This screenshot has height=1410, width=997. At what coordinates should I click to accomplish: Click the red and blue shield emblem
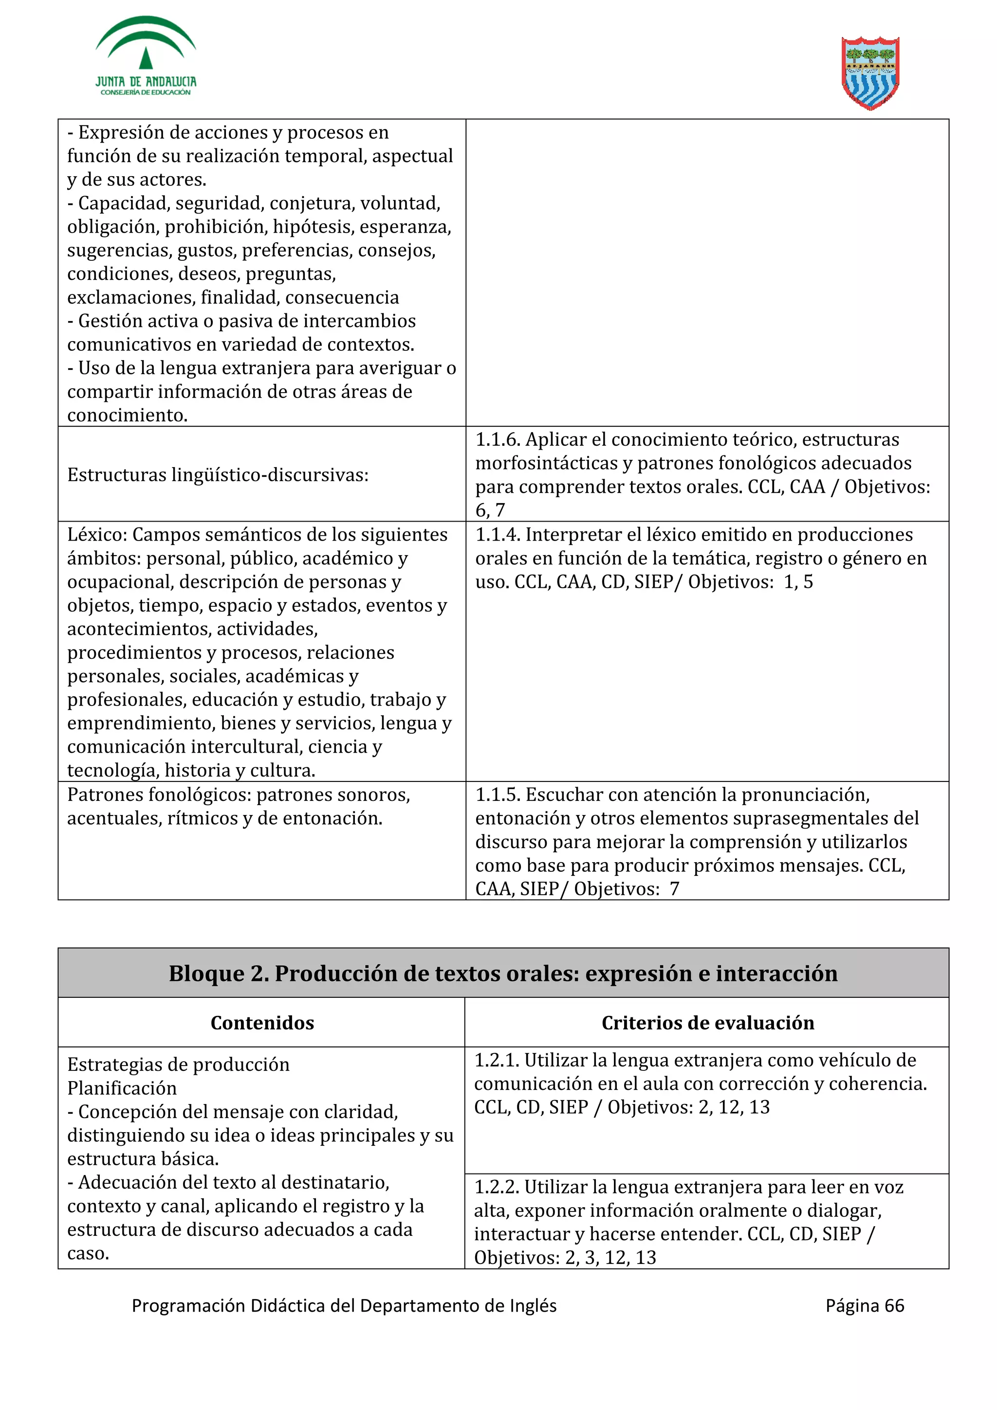870,72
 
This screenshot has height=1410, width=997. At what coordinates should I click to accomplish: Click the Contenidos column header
262,1023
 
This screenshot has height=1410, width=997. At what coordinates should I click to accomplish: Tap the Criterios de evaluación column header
708,1023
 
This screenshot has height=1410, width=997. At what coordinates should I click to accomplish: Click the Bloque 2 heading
503,974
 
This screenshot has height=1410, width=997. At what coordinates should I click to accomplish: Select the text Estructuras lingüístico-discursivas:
218,475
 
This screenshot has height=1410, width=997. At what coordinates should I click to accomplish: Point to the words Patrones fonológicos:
159,795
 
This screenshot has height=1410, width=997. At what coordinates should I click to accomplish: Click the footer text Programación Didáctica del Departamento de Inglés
344,1305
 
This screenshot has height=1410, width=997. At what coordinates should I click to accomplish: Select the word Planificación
122,1088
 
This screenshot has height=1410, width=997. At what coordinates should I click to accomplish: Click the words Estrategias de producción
178,1064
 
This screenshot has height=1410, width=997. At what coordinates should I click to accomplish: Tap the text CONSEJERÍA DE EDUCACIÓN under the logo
146,93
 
